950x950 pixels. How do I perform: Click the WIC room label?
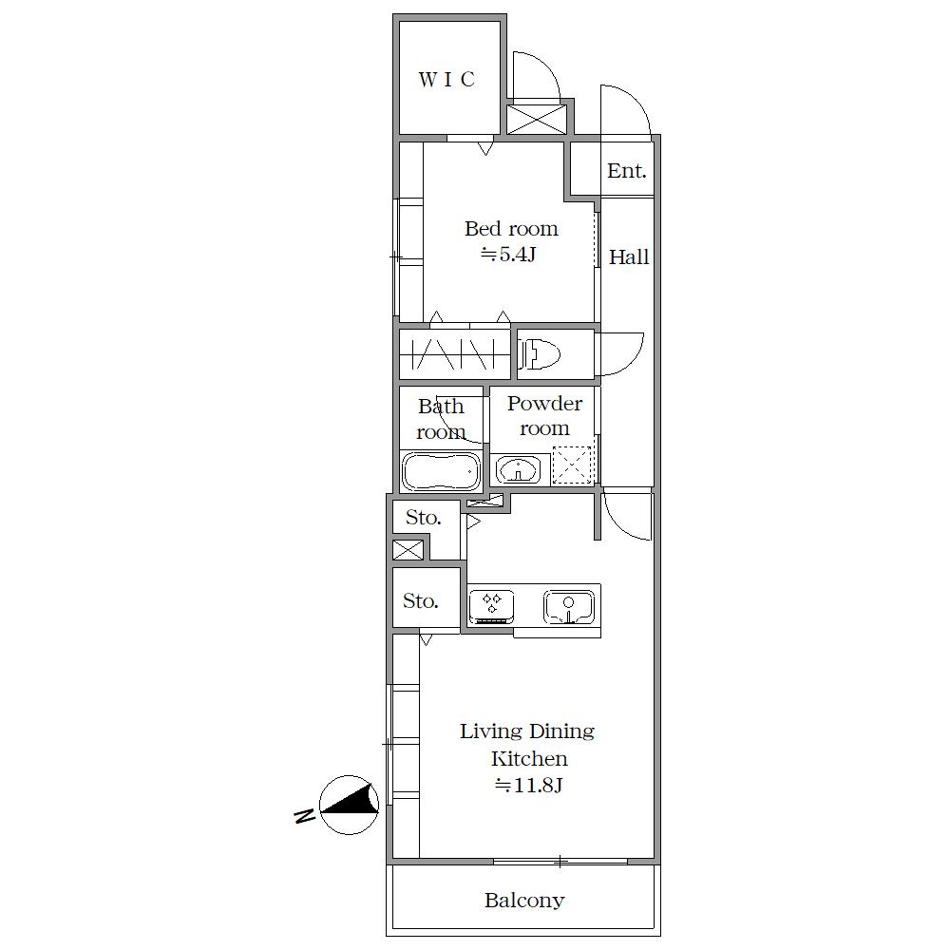(x=446, y=80)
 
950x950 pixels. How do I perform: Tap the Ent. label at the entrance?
(x=626, y=171)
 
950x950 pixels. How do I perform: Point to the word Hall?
(x=628, y=256)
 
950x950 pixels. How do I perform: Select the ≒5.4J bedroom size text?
(x=508, y=255)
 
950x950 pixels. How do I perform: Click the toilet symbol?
(x=540, y=353)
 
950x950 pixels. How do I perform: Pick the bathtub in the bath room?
(x=441, y=471)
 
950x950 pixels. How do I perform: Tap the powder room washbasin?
(x=518, y=469)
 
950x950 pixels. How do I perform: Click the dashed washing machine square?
(x=571, y=465)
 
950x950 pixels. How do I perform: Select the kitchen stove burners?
(x=491, y=606)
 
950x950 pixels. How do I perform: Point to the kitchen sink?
(x=568, y=607)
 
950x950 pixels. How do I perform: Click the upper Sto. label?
(x=423, y=518)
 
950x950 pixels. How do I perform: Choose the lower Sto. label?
(x=421, y=601)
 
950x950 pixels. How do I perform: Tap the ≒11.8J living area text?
(x=529, y=786)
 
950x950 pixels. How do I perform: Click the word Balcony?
(x=524, y=901)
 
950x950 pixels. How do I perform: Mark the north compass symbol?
(x=349, y=805)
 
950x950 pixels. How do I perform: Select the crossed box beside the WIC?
(x=536, y=119)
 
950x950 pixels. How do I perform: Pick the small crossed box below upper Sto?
(x=408, y=550)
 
